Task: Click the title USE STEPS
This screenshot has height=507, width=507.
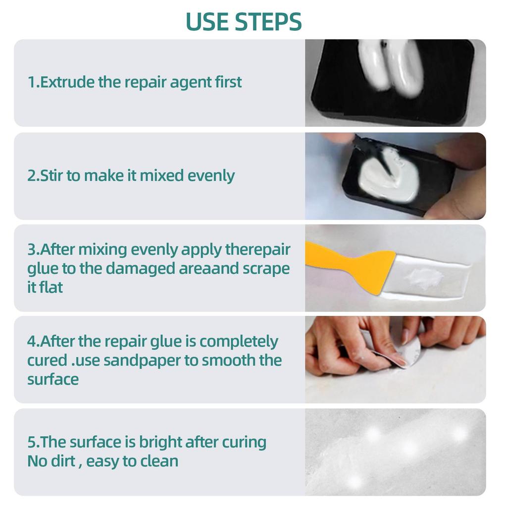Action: (x=244, y=21)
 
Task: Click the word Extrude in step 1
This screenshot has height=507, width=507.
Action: (x=67, y=82)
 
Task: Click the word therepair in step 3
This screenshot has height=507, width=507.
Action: (x=257, y=249)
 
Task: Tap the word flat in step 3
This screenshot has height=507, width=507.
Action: (x=51, y=287)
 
